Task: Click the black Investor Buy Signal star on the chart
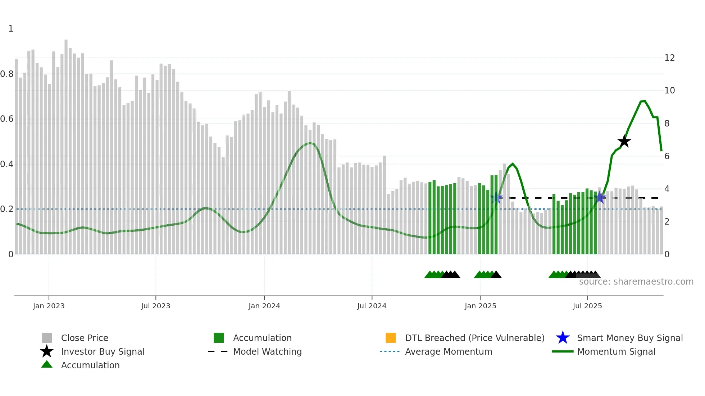click(x=624, y=141)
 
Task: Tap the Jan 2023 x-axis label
click(x=49, y=306)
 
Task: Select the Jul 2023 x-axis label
click(x=155, y=306)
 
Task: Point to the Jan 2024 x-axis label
click(x=264, y=306)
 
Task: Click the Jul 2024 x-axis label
click(x=372, y=306)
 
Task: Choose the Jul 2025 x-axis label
click(x=587, y=306)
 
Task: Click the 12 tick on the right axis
click(x=669, y=58)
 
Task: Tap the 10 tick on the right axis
click(x=669, y=91)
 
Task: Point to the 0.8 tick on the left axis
click(x=7, y=74)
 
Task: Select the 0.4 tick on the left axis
click(x=7, y=164)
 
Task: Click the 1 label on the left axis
click(x=11, y=29)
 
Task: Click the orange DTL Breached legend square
click(x=391, y=338)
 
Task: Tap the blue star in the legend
click(x=563, y=338)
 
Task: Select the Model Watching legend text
click(x=267, y=352)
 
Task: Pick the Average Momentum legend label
click(x=449, y=352)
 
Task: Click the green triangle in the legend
click(x=47, y=365)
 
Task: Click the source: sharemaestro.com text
click(x=636, y=282)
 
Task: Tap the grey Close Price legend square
click(x=47, y=338)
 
